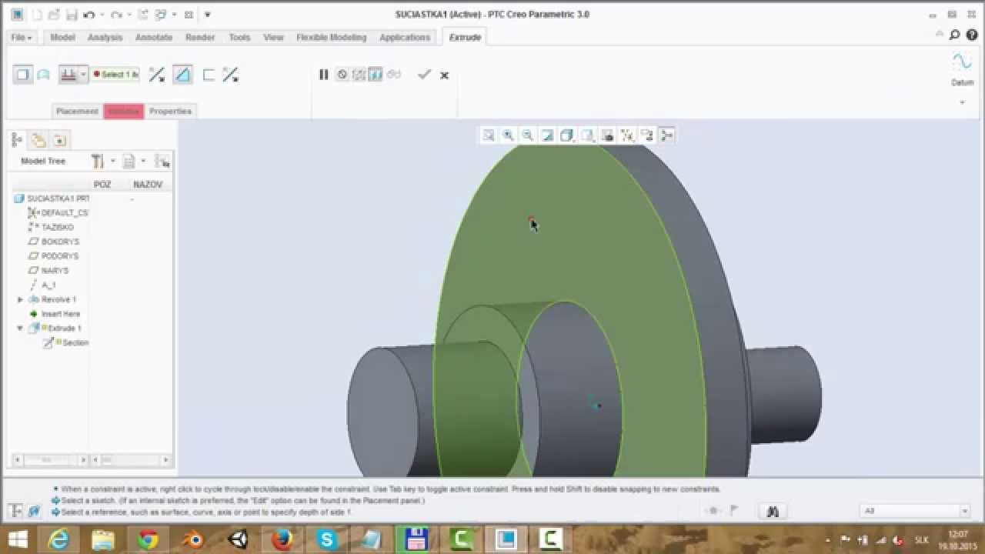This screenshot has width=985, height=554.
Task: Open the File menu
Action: pyautogui.click(x=22, y=37)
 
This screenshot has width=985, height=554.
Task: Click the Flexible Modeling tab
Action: pyautogui.click(x=331, y=37)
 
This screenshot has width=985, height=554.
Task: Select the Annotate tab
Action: pyautogui.click(x=154, y=37)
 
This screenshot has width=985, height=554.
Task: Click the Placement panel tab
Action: pyautogui.click(x=77, y=111)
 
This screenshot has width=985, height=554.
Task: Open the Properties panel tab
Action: pyautogui.click(x=170, y=111)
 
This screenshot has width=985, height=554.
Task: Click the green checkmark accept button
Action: pyautogui.click(x=424, y=75)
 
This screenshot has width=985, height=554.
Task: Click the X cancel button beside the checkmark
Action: pyautogui.click(x=444, y=75)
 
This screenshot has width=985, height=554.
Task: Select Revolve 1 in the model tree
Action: pyautogui.click(x=58, y=299)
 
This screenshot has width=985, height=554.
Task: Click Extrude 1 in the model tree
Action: pyautogui.click(x=65, y=329)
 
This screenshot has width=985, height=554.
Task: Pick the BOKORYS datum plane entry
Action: pyautogui.click(x=60, y=242)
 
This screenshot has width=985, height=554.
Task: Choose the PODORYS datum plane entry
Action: pyautogui.click(x=60, y=256)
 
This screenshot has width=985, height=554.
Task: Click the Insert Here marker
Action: pyautogui.click(x=60, y=314)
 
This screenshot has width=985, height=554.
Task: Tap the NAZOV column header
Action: pyautogui.click(x=148, y=185)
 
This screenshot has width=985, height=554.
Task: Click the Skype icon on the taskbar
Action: pyautogui.click(x=327, y=539)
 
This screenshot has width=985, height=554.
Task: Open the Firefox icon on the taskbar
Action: pyautogui.click(x=282, y=539)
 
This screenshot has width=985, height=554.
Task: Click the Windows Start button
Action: pyautogui.click(x=17, y=539)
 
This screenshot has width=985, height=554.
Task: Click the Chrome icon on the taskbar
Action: pyautogui.click(x=149, y=539)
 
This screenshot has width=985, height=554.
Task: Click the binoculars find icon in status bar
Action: pyautogui.click(x=773, y=511)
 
